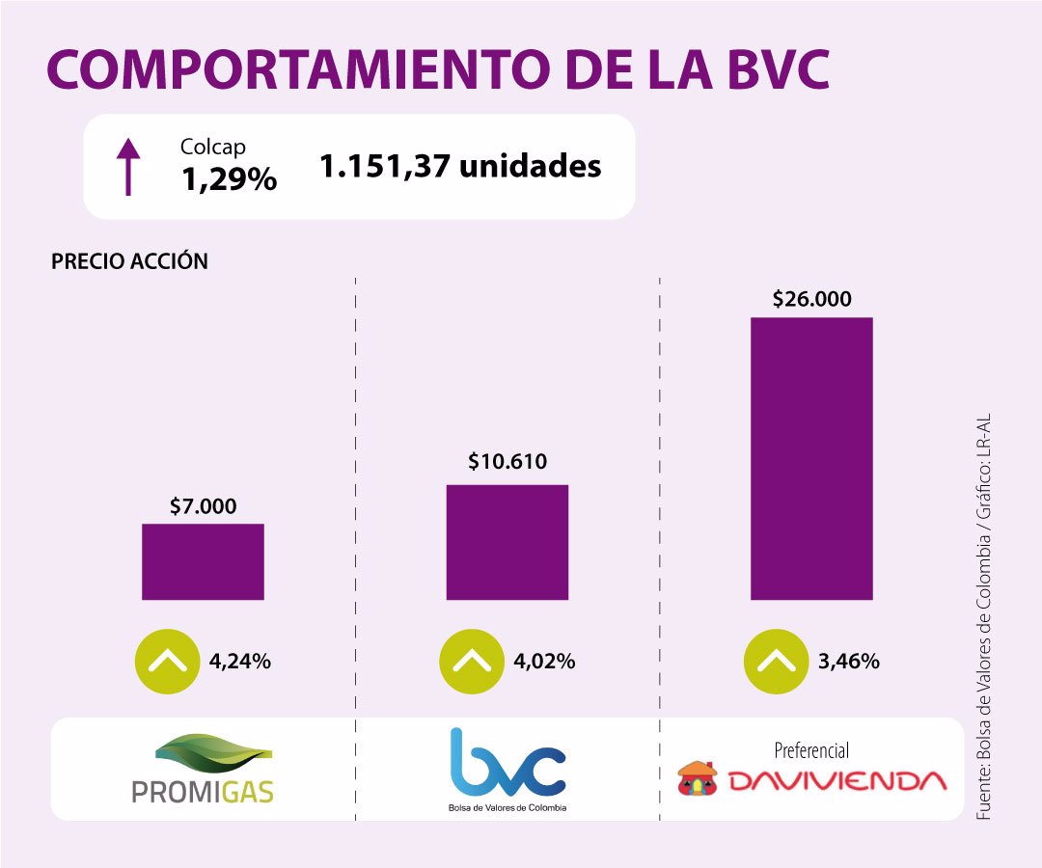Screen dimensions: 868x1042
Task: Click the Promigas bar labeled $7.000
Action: [203, 561]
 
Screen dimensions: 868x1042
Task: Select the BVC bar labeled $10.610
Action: [507, 541]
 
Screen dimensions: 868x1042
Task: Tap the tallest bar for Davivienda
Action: [811, 458]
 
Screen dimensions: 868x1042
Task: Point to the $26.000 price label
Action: [812, 299]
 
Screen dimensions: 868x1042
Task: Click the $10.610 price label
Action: [507, 462]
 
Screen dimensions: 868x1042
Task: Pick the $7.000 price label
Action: [203, 505]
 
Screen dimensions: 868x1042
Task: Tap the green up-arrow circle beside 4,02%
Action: [470, 661]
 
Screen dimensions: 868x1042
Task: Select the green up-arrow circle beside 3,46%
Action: [775, 661]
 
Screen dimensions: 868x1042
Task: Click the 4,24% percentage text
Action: [240, 662]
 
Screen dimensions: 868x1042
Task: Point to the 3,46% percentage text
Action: [849, 662]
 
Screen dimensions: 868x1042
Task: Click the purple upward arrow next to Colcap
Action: [127, 166]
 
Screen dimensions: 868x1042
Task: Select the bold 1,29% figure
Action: [229, 178]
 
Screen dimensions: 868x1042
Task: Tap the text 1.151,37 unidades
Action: [460, 166]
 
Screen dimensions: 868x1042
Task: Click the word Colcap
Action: [213, 147]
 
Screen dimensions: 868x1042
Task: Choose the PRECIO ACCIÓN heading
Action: [129, 261]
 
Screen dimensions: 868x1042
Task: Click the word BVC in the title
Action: [767, 70]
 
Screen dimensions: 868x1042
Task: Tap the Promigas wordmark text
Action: [203, 791]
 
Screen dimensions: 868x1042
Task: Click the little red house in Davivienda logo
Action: [697, 778]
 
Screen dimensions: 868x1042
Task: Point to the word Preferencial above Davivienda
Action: [811, 750]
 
